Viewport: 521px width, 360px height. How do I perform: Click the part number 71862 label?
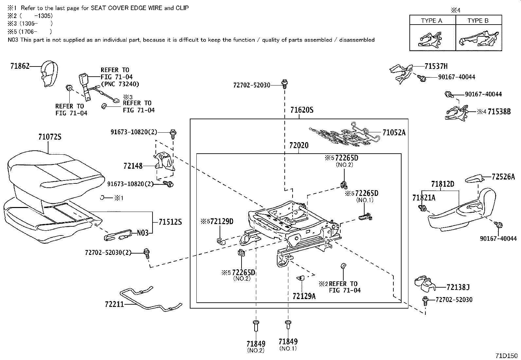[20, 66]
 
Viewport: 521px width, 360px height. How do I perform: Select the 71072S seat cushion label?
[50, 137]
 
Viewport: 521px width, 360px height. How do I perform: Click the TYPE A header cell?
[432, 20]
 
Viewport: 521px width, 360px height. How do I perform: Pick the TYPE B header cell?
[478, 20]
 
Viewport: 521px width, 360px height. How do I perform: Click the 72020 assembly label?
[298, 145]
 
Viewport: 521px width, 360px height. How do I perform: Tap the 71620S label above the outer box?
[301, 110]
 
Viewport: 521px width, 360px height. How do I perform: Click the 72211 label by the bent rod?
[115, 304]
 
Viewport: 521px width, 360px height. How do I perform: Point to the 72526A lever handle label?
[503, 177]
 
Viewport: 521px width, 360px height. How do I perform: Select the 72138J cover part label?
[458, 287]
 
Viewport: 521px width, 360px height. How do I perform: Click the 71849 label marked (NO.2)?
[256, 344]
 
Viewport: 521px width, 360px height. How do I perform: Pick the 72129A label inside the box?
[304, 296]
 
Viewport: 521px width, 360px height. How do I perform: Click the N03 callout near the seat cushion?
[143, 233]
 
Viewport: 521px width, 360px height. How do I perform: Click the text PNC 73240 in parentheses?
[120, 84]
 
